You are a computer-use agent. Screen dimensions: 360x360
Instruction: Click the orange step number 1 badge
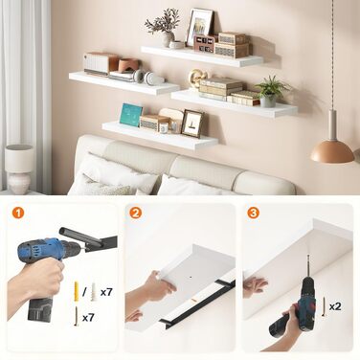pos(18,213)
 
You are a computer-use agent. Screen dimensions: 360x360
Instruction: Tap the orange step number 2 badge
pos(135,213)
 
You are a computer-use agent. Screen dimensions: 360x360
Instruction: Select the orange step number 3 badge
pos(253,213)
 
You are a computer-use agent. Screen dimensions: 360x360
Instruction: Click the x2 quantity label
pos(335,306)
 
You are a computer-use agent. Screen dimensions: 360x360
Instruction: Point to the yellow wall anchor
pos(77,289)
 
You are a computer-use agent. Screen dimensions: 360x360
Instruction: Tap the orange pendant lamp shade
pos(332,151)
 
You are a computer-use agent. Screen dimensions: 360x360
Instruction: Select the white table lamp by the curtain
pos(19,169)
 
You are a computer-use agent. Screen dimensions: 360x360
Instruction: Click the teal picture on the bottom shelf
pos(131,115)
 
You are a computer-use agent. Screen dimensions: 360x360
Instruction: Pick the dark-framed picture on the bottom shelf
pos(192,124)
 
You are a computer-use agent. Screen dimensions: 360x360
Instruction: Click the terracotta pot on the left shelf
pos(128,65)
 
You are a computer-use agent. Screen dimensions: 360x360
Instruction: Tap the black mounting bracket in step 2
pos(197,303)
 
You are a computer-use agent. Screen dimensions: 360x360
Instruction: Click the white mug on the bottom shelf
pos(164,128)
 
